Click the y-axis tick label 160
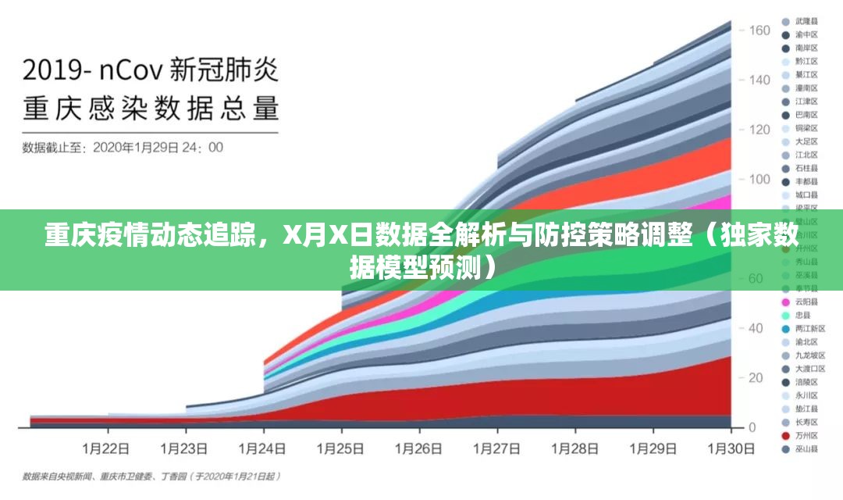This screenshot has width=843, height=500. point(759,30)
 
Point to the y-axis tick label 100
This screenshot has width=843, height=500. point(759,179)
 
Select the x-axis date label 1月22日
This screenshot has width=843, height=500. point(106,449)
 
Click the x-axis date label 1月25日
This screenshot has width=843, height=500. point(341,449)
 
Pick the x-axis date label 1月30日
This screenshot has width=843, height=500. point(731,449)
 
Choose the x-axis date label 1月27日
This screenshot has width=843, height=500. point(497,449)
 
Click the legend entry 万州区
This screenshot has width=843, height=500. point(806,435)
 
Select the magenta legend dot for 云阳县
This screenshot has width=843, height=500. point(784,302)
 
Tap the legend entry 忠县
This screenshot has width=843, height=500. point(802,315)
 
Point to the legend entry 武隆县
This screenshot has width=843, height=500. point(806,21)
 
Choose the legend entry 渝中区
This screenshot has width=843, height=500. point(806,34)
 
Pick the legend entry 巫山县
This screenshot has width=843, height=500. point(806,448)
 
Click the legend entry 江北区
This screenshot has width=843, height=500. point(806,155)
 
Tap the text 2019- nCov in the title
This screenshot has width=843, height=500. point(91,71)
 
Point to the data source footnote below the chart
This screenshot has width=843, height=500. point(152,475)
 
